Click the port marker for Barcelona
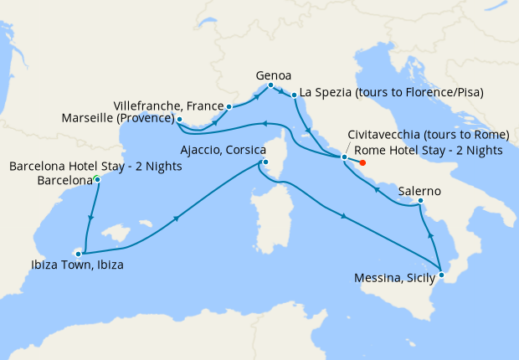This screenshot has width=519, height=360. tap(98, 179)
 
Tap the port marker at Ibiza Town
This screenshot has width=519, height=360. tap(80, 251)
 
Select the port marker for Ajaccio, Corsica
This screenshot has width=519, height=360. tap(264, 162)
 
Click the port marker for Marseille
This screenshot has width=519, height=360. tap(179, 120)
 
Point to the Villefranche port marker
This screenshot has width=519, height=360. tap(229, 106)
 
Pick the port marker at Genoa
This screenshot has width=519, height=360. tap(270, 85)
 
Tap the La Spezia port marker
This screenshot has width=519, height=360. tap(295, 97)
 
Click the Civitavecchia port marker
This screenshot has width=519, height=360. tap(344, 157)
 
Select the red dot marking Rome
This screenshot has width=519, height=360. tap(362, 163)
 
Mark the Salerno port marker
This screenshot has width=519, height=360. tap(419, 201)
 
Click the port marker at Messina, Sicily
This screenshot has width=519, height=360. tap(441, 275)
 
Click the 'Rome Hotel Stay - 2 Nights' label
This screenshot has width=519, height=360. tap(428, 151)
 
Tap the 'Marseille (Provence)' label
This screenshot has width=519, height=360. tap(117, 119)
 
